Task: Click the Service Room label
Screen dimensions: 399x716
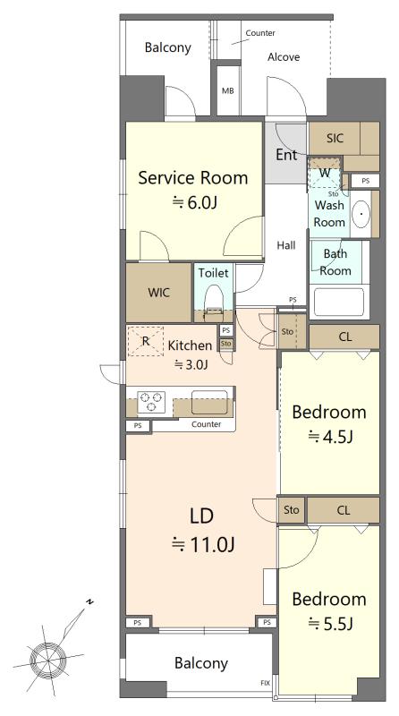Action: coord(192,177)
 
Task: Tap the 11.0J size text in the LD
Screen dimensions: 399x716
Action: coord(203,544)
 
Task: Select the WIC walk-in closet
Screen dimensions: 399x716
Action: coord(158,293)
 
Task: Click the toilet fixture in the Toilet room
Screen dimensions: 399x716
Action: coord(213,301)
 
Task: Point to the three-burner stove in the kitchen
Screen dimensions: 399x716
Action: coord(151,402)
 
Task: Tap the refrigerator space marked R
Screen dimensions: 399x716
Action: coord(145,341)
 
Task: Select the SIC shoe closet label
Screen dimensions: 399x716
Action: coord(335,138)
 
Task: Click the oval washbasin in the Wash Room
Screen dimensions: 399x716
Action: coord(361,213)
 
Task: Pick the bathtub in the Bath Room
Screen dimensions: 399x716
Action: coord(339,302)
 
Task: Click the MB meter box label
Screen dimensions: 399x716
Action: coord(228,91)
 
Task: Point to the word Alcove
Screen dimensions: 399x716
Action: coord(284,57)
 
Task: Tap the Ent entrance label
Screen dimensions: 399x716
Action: coord(286,155)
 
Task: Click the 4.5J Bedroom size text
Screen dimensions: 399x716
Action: coord(330,437)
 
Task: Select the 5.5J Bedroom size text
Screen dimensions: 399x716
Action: coord(330,623)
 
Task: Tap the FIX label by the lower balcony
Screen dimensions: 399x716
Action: coord(265,683)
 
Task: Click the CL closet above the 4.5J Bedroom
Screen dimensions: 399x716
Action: coord(344,337)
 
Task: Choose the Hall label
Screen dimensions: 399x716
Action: coord(286,245)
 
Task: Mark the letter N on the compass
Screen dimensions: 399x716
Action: coord(90,601)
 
